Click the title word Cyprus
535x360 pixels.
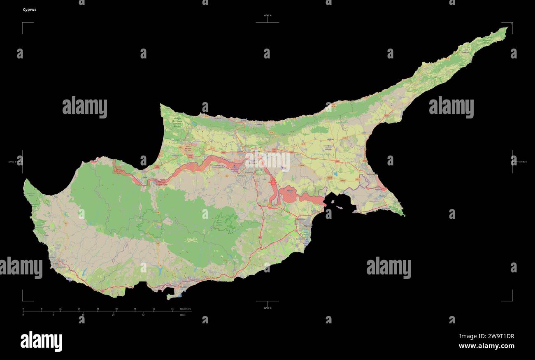[x=30, y=9]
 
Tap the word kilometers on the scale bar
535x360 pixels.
[x=185, y=309]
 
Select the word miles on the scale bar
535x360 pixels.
[x=183, y=315]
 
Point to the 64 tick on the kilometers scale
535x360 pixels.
[x=172, y=309]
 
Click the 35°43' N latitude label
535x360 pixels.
[x=267, y=16]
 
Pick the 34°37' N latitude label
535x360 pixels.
[x=267, y=308]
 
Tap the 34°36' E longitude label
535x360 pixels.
[x=523, y=162]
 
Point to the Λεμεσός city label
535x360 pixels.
[x=183, y=286]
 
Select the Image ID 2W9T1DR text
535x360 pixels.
[x=486, y=336]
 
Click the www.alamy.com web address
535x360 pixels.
[x=486, y=346]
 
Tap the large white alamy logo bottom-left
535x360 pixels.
[x=41, y=341]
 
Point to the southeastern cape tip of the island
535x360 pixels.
[x=404, y=215]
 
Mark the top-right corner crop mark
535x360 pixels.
[x=512, y=23]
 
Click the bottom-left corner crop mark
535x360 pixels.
[x=23, y=300]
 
